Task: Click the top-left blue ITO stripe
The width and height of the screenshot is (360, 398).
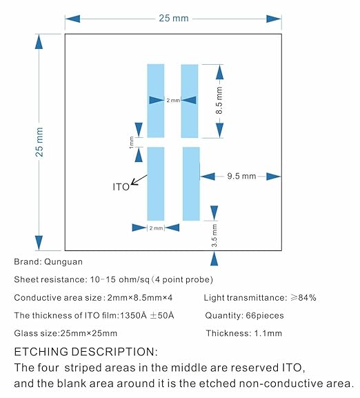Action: [156, 101]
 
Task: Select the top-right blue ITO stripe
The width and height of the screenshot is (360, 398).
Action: [190, 101]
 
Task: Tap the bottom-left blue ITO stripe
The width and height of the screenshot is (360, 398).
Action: [156, 183]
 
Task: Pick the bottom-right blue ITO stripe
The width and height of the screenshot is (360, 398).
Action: [191, 183]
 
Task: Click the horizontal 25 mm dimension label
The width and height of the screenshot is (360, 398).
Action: [174, 18]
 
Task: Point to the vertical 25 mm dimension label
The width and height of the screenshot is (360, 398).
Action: [39, 142]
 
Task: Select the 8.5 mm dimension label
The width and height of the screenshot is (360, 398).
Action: [219, 101]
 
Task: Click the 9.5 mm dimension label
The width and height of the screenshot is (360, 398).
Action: [241, 176]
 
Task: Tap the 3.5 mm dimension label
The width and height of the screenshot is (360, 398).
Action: [214, 235]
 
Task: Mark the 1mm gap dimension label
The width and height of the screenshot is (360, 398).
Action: [131, 142]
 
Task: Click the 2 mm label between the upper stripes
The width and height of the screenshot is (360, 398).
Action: [173, 101]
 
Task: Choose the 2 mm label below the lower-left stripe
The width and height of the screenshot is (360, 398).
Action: [156, 228]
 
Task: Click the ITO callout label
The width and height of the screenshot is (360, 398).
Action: [121, 187]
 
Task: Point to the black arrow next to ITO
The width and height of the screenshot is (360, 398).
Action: [139, 180]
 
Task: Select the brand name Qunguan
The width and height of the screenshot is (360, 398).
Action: [63, 262]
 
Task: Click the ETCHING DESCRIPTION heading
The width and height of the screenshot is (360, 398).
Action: [86, 352]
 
